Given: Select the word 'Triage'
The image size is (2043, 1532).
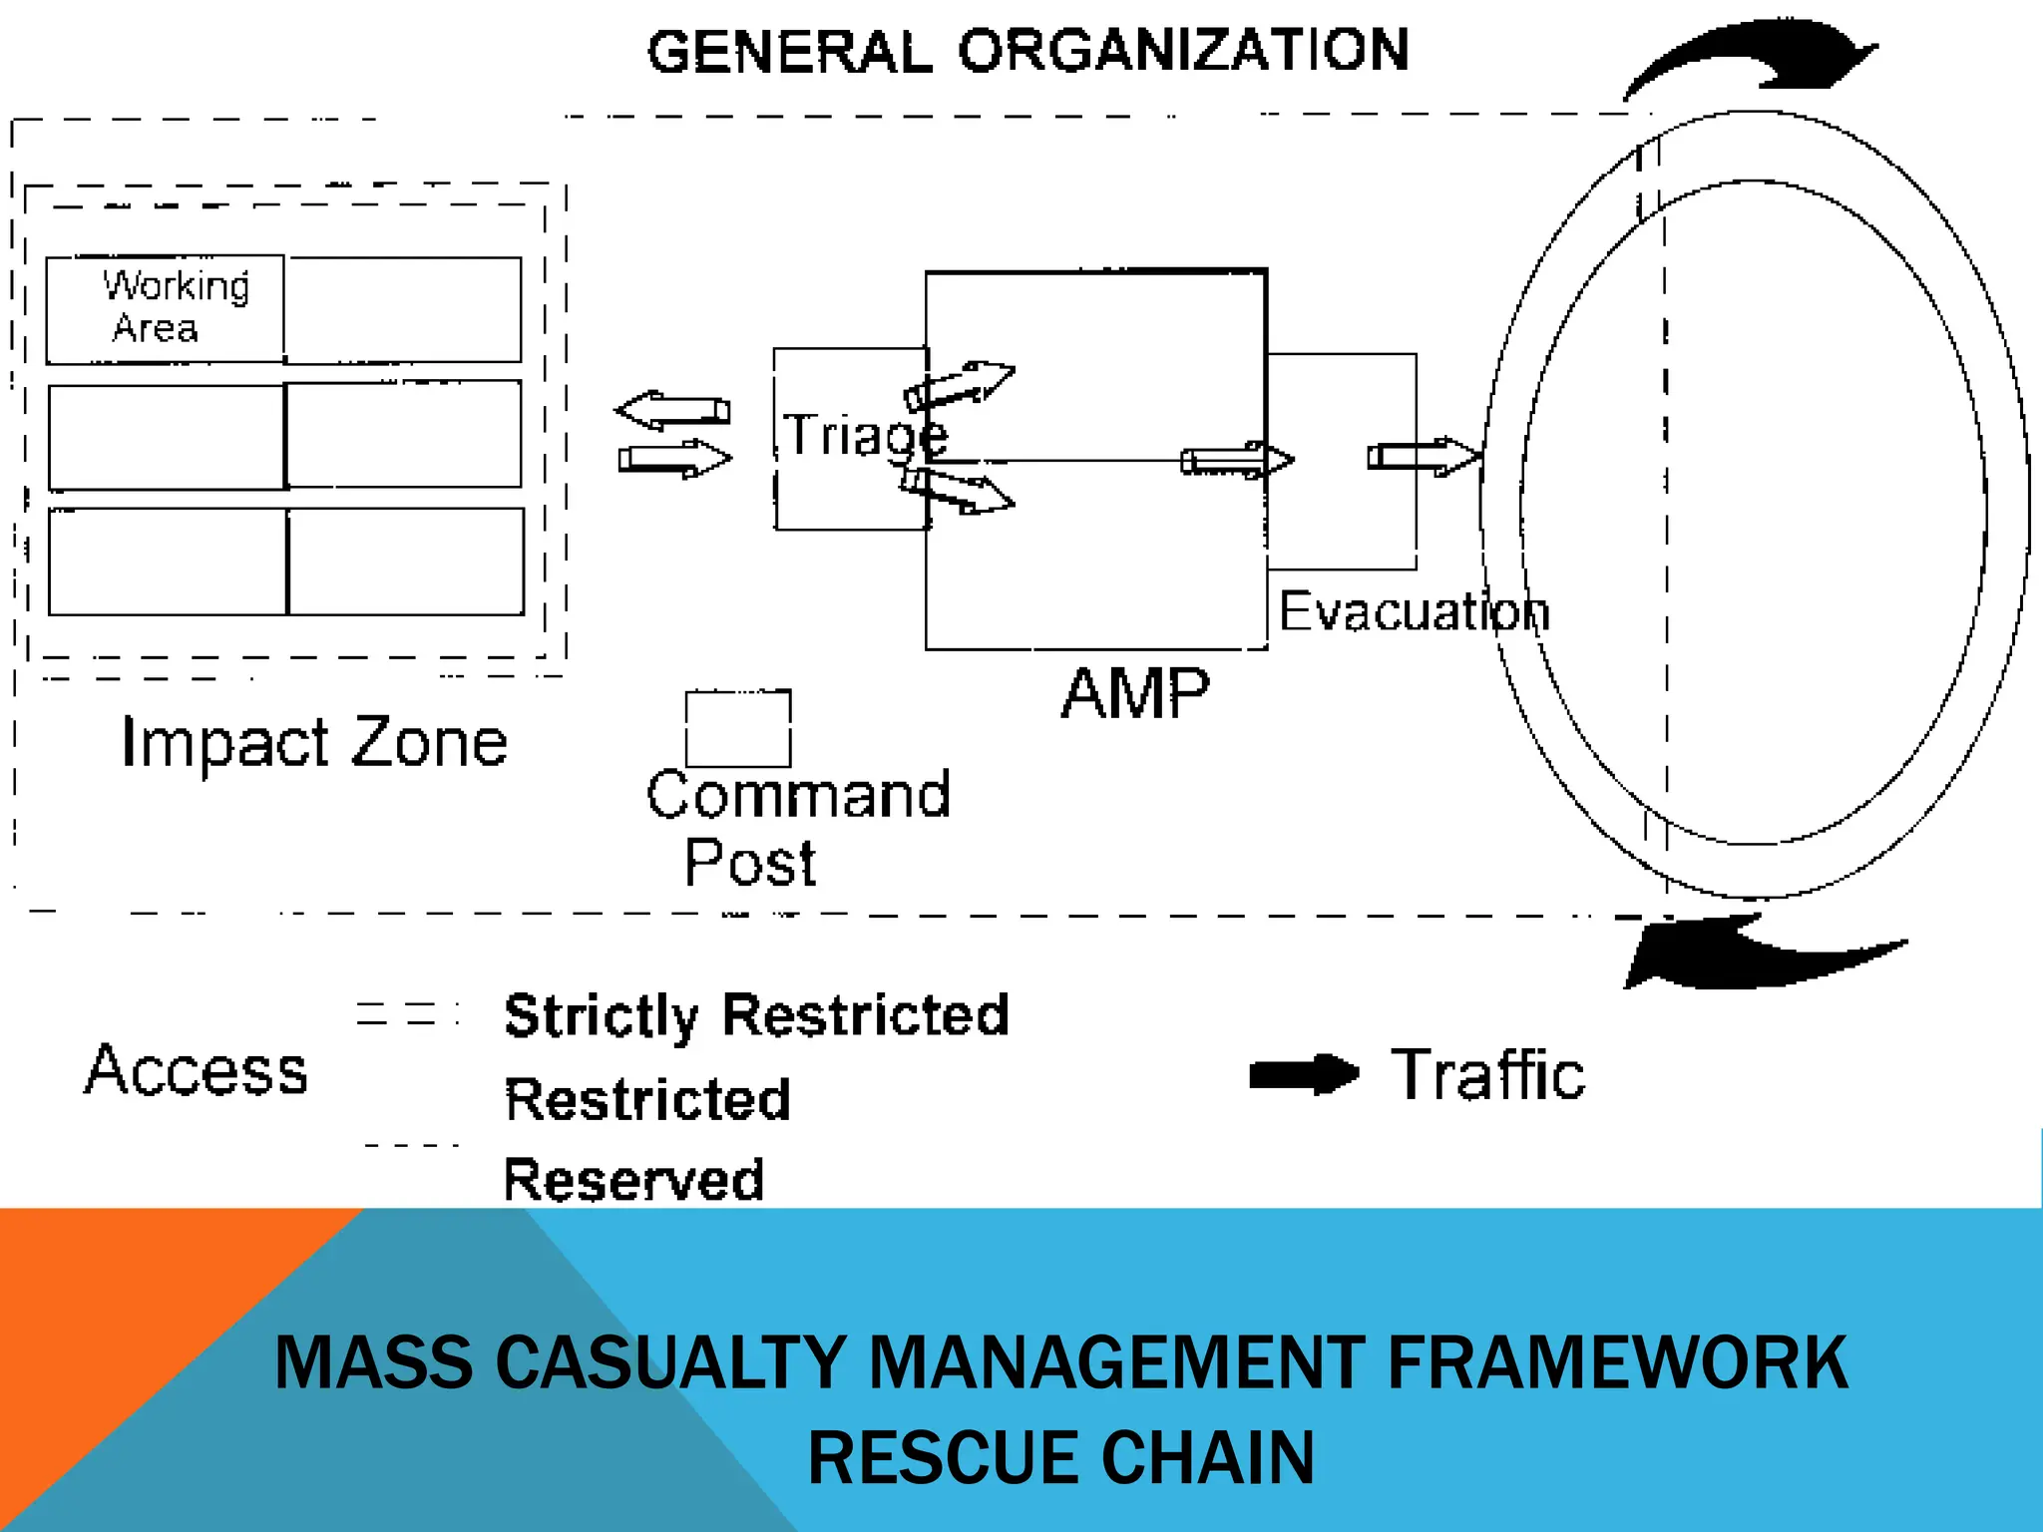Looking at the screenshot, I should [x=864, y=436].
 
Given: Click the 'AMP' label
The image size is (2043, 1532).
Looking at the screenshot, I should [x=1135, y=694].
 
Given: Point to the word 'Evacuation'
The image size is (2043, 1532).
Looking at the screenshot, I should [x=1414, y=611].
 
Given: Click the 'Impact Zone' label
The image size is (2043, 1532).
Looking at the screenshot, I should [x=314, y=743].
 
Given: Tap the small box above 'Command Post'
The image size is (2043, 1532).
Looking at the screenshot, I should [x=738, y=729].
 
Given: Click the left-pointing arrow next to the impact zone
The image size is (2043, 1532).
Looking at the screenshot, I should [x=672, y=410].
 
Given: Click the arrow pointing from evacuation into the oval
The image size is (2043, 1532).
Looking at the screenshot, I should [x=1423, y=457].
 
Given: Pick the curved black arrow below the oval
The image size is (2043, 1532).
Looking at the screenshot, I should [x=1756, y=956].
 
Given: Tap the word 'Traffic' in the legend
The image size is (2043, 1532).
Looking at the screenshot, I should [x=1487, y=1075].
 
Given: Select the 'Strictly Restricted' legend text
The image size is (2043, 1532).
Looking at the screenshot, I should [x=756, y=1016].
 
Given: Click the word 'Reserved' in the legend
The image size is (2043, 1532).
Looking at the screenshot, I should [x=633, y=1180].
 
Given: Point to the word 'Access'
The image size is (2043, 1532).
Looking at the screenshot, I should [x=197, y=1070].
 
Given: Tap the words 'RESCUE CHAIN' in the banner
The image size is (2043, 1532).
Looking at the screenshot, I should [x=1060, y=1457].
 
